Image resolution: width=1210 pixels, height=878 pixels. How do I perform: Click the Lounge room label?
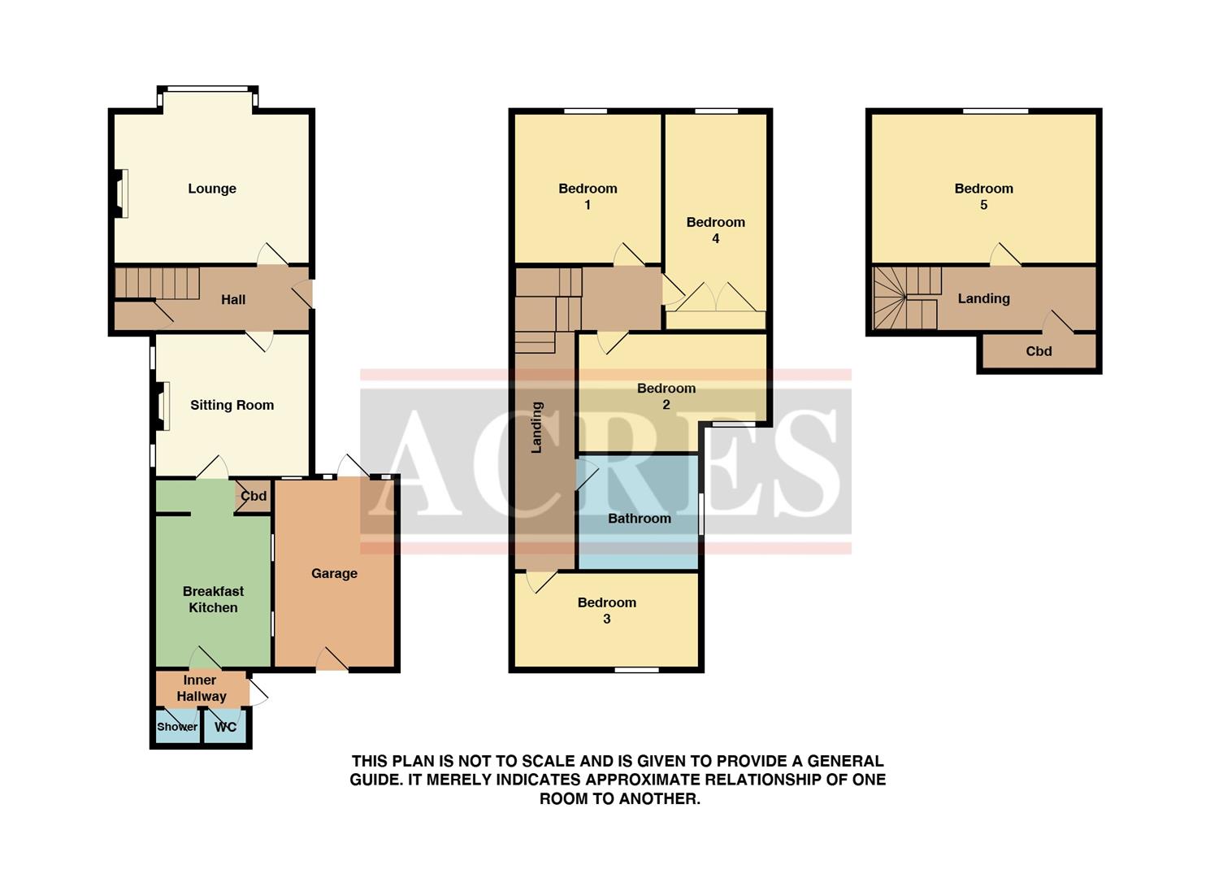pos(212,189)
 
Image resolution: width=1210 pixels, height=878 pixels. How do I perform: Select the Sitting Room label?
pos(232,405)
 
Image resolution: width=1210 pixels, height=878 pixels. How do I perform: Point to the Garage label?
pos(334,573)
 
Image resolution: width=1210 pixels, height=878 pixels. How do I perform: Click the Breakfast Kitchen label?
pos(213,599)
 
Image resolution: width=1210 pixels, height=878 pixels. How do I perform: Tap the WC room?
pos(225,727)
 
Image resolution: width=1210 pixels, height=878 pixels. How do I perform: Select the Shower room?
pos(177,727)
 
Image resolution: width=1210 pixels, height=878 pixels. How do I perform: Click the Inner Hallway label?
pos(201,688)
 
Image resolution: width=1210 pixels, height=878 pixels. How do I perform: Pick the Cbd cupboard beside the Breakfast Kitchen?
pos(254,496)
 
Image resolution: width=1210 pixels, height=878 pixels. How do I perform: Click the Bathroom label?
pos(640,518)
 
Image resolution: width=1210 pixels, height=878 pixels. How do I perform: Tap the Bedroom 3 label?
pos(607,611)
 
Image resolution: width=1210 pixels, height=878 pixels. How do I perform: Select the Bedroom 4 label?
pos(715,230)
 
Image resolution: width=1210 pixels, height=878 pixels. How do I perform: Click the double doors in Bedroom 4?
pos(716,298)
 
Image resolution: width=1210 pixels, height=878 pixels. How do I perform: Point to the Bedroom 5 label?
pos(983,196)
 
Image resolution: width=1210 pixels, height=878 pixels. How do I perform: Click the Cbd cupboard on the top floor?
pos(1039,351)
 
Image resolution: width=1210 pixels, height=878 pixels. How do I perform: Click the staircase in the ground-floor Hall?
pos(158,284)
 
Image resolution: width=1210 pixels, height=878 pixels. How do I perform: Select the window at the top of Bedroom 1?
pos(586,111)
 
